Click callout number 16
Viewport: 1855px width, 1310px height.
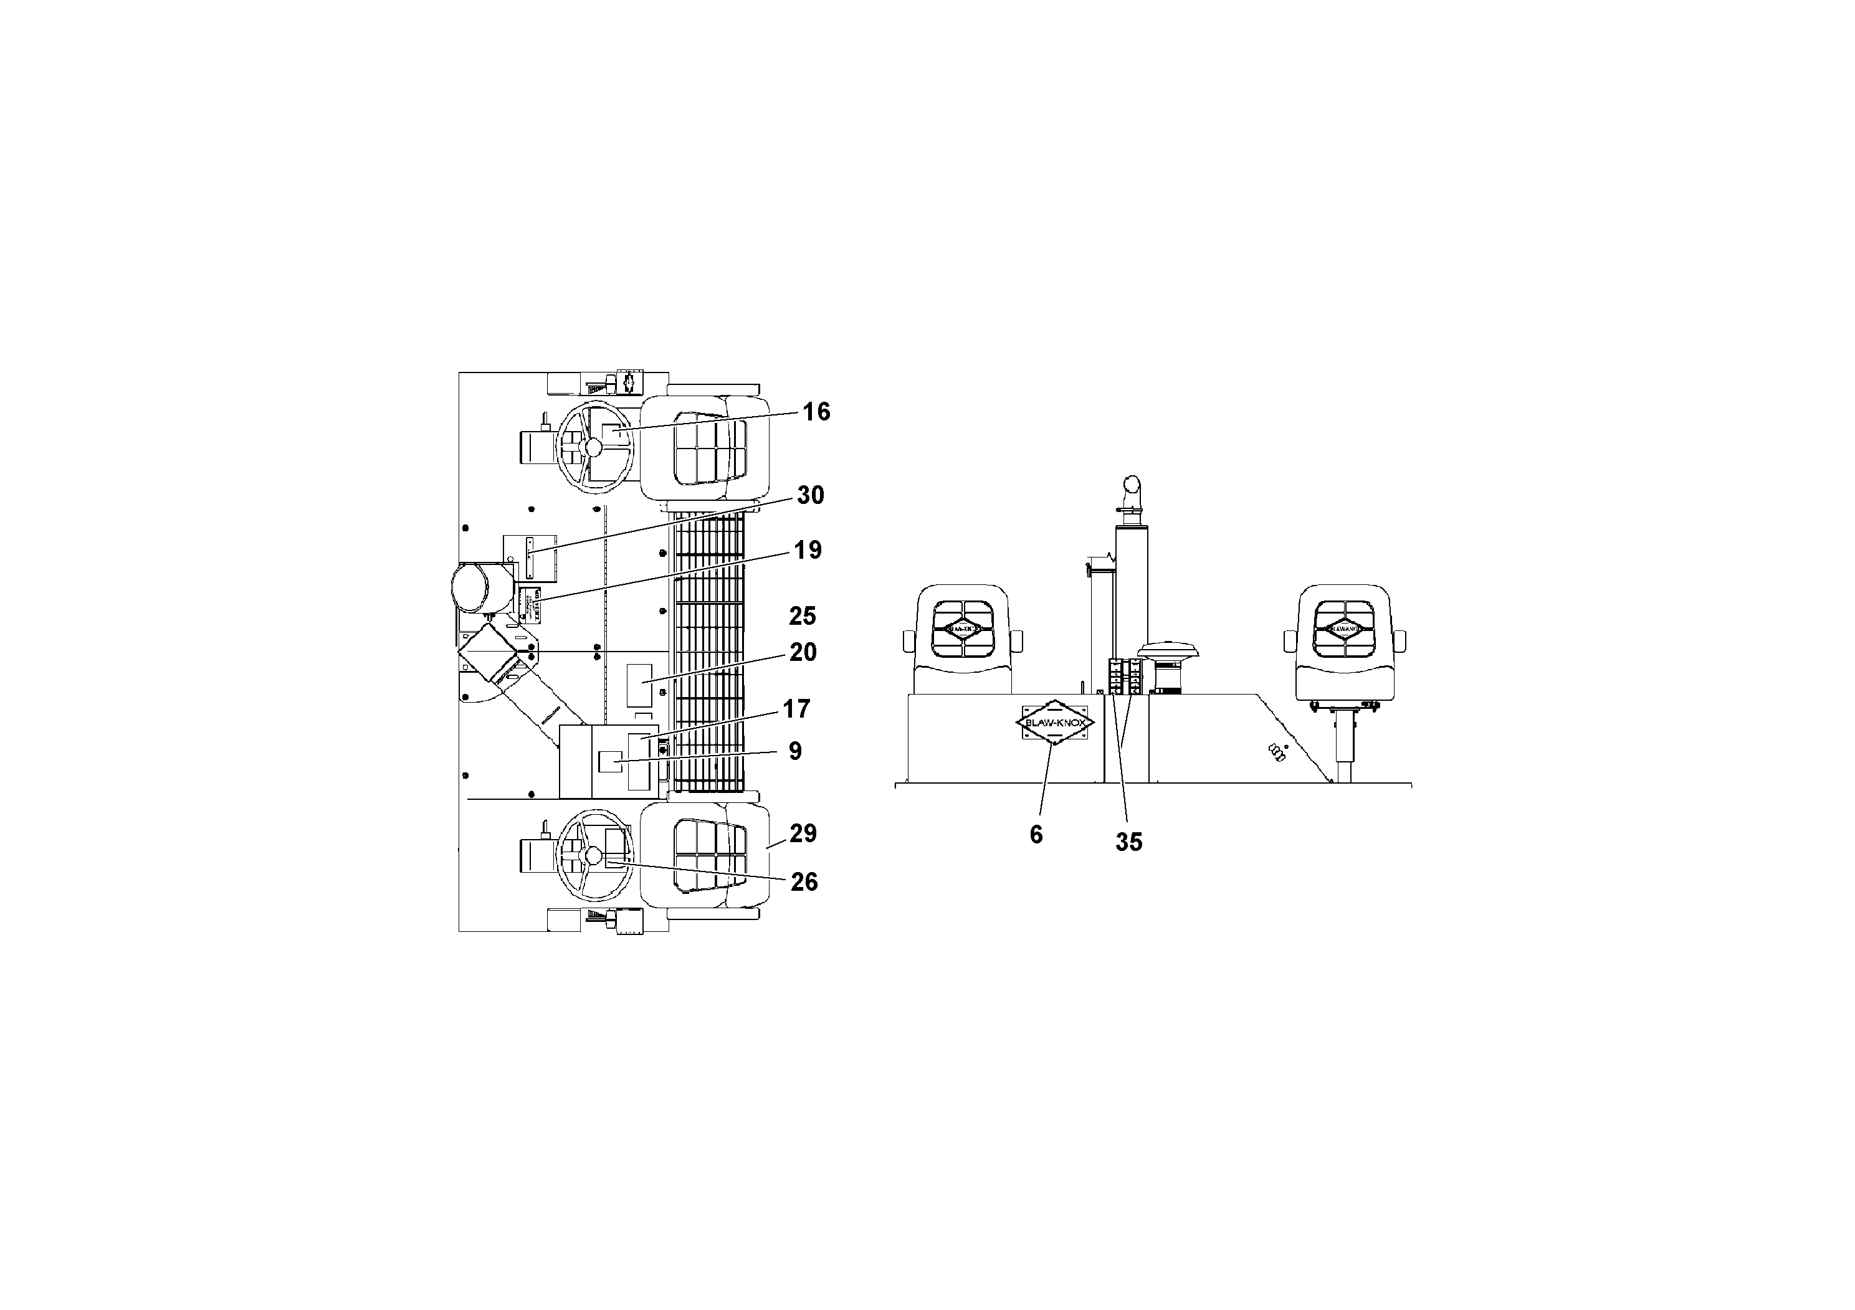click(x=816, y=412)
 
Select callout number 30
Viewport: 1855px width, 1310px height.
click(x=810, y=495)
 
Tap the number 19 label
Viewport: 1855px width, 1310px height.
click(x=807, y=550)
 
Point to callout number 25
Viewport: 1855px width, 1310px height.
click(x=803, y=616)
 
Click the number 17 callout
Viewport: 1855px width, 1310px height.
click(x=796, y=708)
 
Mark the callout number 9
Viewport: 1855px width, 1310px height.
click(x=795, y=751)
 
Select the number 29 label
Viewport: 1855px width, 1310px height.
click(x=803, y=833)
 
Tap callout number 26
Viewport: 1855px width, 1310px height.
click(x=804, y=882)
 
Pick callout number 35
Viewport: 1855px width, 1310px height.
click(x=1128, y=842)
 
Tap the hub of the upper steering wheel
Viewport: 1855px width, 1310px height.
click(x=594, y=447)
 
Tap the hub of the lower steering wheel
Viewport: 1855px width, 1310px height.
click(x=594, y=855)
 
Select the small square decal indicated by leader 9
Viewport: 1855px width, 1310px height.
click(x=610, y=761)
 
